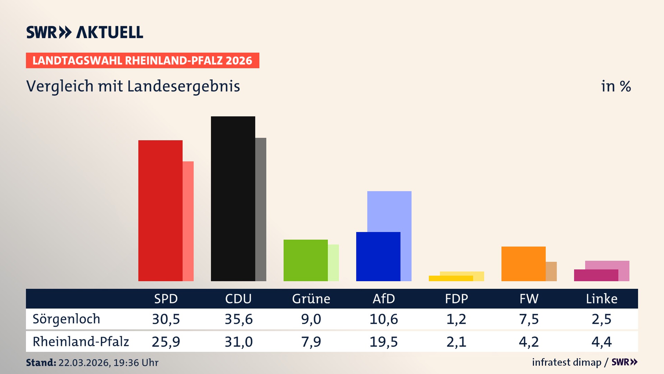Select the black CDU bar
click(x=233, y=199)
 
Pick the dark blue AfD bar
click(x=378, y=257)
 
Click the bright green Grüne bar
click(x=305, y=260)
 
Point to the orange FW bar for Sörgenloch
click(x=523, y=264)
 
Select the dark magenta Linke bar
click(x=596, y=275)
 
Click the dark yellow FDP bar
click(x=451, y=278)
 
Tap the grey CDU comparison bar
click(x=261, y=209)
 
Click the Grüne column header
click(x=311, y=299)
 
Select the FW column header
click(x=529, y=299)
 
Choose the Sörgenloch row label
click(x=66, y=319)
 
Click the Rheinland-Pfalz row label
click(x=81, y=342)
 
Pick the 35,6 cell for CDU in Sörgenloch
click(x=239, y=319)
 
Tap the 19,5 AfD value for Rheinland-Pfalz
click(x=384, y=342)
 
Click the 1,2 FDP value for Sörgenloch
click(x=456, y=319)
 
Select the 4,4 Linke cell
click(x=601, y=342)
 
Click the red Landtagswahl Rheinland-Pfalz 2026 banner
click(x=142, y=61)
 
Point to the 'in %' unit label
click(x=616, y=86)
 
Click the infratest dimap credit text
click(x=566, y=362)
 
